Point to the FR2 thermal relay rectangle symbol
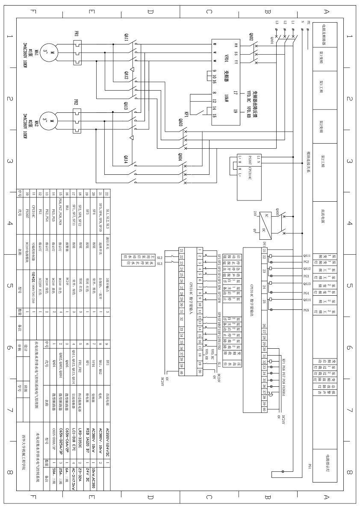pyautogui.click(x=77, y=122)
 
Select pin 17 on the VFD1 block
pyautogui.click(x=235, y=93)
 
